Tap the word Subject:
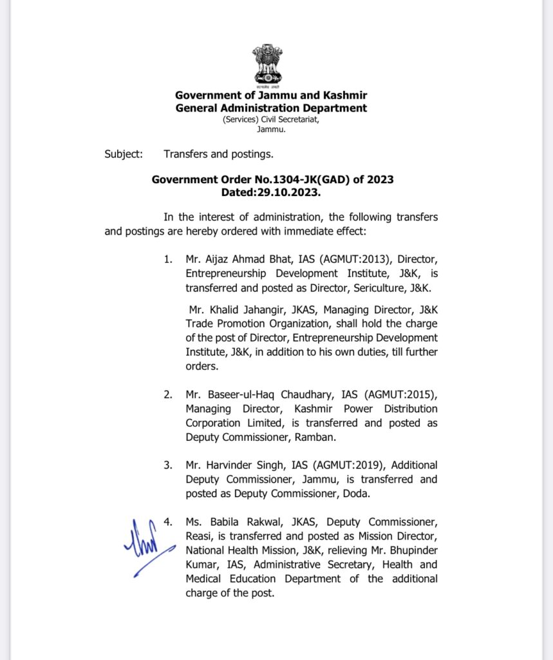tap(122, 154)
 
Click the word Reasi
tap(200, 536)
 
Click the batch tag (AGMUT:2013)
tap(344, 260)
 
